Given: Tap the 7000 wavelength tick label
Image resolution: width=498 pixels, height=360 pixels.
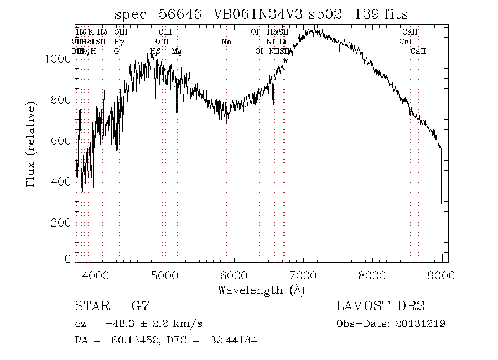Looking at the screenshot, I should (x=303, y=275).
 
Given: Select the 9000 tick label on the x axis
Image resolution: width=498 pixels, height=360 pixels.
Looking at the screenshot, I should (x=441, y=275).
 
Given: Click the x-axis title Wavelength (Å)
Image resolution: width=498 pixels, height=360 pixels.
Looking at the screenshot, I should (x=261, y=290).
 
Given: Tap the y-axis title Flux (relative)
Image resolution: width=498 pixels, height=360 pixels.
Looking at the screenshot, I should (x=32, y=144).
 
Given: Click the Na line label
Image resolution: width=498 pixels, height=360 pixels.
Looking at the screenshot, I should (x=226, y=42).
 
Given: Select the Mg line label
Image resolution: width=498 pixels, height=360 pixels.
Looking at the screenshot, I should (x=177, y=51).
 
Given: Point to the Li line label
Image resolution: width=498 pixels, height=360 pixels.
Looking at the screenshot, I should (x=282, y=42).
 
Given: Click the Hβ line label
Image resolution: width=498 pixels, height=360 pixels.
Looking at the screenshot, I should (x=155, y=51).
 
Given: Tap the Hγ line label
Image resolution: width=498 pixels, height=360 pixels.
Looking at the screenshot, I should (x=118, y=42).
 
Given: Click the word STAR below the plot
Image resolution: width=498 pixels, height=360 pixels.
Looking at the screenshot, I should (x=89, y=306).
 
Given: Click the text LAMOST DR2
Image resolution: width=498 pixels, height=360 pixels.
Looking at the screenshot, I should (x=380, y=306).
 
